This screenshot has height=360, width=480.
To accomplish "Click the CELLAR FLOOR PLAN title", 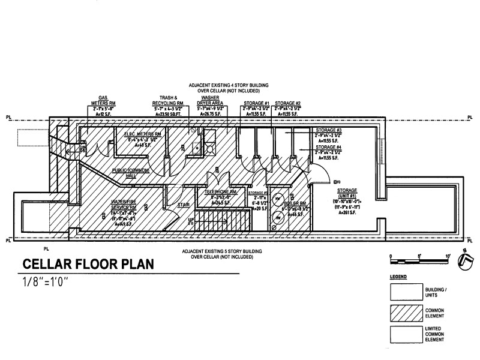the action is click(88, 264).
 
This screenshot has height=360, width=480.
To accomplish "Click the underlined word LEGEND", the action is click(398, 277).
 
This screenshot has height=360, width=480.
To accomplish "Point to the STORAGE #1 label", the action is click(257, 104).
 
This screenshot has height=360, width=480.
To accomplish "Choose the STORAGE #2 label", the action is click(288, 104).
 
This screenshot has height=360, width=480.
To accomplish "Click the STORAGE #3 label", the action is click(329, 130).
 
